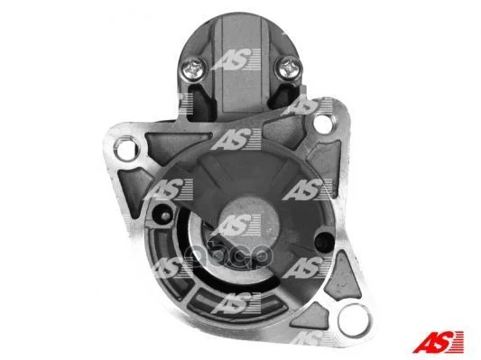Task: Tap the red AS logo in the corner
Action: point(438,342)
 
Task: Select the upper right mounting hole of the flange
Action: point(323,123)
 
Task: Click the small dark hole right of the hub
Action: point(323,242)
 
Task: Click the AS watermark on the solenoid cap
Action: point(236,60)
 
